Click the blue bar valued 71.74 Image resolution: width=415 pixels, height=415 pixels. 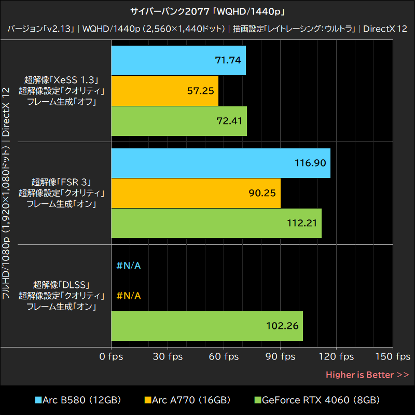pos(178,60)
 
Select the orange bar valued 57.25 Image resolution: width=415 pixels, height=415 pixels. pos(165,91)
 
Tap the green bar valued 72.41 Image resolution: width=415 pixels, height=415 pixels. pos(179,121)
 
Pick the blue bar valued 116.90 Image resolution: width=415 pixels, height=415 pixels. pos(221,163)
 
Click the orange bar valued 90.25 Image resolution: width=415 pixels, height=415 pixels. pos(196,193)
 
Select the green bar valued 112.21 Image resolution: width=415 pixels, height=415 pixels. pos(217,223)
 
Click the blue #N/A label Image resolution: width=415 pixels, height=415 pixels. pos(129,266)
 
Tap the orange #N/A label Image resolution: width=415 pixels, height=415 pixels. pos(129,296)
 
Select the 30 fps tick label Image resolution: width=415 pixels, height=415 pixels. pos(168,356)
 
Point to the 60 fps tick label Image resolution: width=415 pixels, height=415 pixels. pos(224,356)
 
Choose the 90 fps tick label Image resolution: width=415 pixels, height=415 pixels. pos(280,356)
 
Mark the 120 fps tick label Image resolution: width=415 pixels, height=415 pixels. pos(336,356)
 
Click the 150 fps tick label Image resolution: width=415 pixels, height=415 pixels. pos(393,356)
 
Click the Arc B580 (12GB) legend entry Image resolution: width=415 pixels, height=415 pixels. pos(78,400)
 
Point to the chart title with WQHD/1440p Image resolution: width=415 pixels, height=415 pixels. pos(208,11)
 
